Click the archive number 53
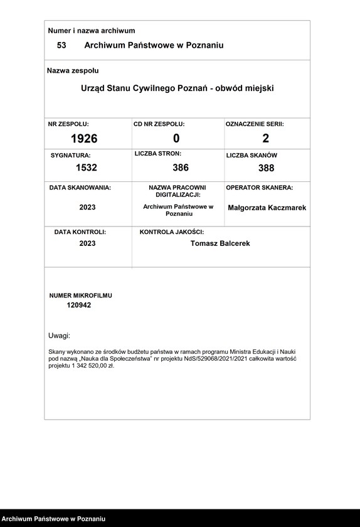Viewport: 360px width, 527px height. tap(61, 45)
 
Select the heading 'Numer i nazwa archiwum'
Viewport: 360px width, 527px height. tap(92, 31)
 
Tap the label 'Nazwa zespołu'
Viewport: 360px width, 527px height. tap(73, 71)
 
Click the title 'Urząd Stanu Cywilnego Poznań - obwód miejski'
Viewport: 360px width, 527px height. tap(177, 88)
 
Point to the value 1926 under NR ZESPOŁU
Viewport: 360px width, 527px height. tap(84, 139)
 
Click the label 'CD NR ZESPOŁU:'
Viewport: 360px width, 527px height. tap(159, 124)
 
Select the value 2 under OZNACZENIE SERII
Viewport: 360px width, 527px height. tap(266, 139)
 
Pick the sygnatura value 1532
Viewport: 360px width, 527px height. tap(87, 168)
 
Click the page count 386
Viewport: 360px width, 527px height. tap(181, 168)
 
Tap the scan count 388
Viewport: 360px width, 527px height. tap(266, 168)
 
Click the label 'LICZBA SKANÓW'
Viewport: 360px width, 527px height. tap(251, 155)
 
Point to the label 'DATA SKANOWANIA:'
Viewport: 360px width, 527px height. tap(80, 188)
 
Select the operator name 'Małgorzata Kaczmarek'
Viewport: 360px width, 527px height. tap(267, 208)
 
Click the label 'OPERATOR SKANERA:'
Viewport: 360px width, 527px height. tap(259, 188)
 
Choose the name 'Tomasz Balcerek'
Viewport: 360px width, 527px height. tap(220, 243)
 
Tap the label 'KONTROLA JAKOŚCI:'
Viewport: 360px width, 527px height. tap(172, 232)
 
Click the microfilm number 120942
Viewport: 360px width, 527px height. tap(79, 305)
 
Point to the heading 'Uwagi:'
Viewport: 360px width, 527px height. tap(60, 336)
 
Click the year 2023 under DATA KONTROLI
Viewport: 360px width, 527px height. tap(88, 243)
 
